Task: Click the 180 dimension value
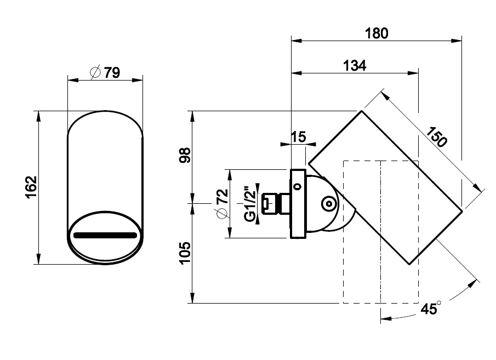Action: (x=377, y=33)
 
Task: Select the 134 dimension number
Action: (x=355, y=66)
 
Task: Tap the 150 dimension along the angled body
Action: (x=436, y=136)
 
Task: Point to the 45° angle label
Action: (x=431, y=308)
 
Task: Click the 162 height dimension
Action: (x=32, y=187)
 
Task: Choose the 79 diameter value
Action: (x=112, y=73)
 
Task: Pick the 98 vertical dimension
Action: (x=185, y=155)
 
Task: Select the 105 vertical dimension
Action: (x=185, y=253)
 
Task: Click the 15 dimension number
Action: (x=298, y=137)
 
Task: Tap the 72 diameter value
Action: (x=223, y=197)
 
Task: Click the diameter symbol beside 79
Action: (x=95, y=72)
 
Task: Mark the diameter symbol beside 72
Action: (x=223, y=214)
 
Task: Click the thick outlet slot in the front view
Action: (x=105, y=236)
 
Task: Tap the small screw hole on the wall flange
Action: (x=298, y=186)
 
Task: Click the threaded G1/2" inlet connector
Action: (x=276, y=203)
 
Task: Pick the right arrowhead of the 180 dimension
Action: (x=457, y=41)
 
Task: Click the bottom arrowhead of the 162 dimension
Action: (x=38, y=259)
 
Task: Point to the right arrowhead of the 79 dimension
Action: (x=138, y=80)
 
